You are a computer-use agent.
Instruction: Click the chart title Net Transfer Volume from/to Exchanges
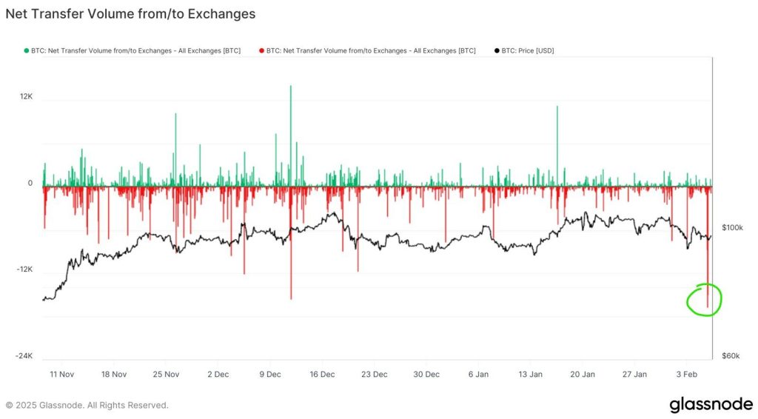click(x=130, y=13)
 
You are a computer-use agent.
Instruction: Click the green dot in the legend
click(x=26, y=50)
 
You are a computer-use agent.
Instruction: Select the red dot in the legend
click(x=261, y=50)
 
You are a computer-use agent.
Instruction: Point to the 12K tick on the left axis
click(x=26, y=96)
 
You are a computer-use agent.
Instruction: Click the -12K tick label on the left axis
click(x=24, y=269)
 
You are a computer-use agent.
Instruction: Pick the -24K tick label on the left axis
click(x=24, y=356)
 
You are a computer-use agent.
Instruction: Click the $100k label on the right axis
click(x=731, y=228)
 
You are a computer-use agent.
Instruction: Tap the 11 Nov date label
click(x=61, y=375)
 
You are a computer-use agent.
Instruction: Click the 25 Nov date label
click(x=166, y=375)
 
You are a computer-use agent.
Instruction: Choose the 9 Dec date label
click(x=271, y=375)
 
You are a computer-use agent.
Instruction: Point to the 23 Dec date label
click(x=375, y=375)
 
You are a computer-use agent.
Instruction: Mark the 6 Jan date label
click(x=478, y=375)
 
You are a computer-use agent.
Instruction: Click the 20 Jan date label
click(x=583, y=375)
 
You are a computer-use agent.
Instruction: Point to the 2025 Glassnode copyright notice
click(x=87, y=405)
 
